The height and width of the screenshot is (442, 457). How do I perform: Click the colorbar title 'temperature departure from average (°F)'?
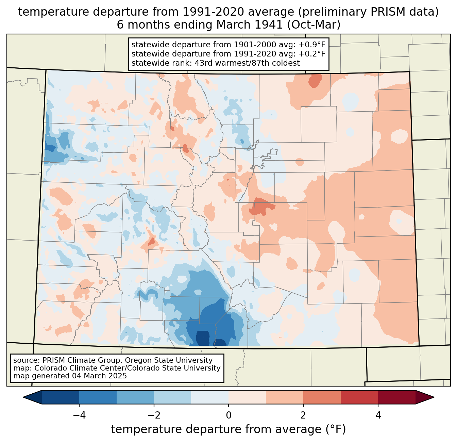point(228,429)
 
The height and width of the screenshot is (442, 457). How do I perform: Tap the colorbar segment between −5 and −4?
point(61,397)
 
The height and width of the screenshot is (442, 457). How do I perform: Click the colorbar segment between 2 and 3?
point(322,397)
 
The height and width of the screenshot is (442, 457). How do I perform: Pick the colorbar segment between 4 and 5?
point(396,397)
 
